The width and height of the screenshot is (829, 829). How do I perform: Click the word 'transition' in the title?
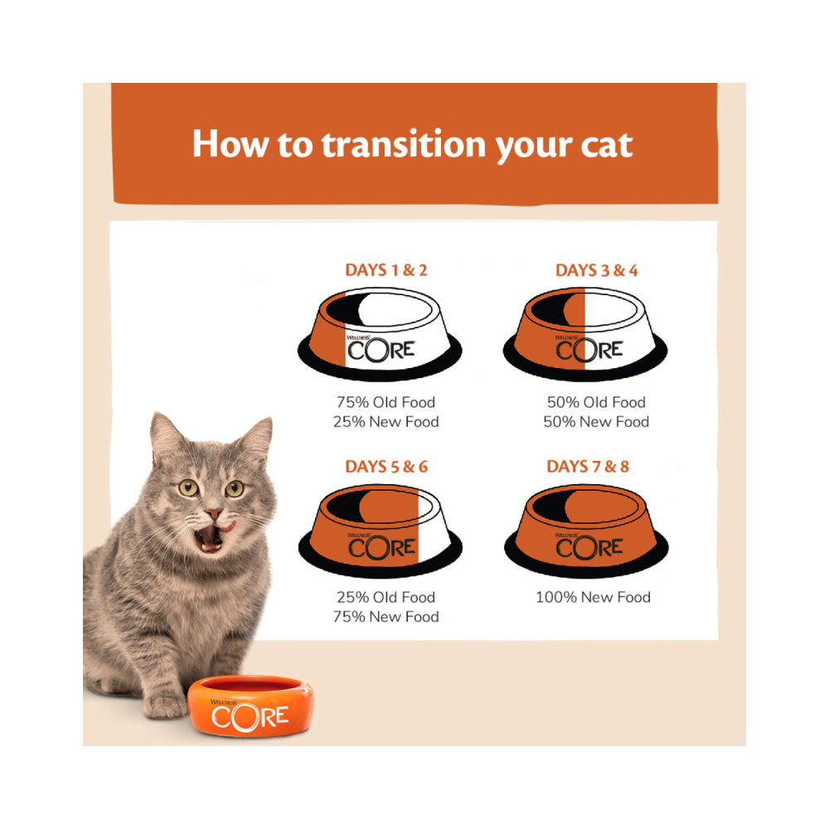[404, 144]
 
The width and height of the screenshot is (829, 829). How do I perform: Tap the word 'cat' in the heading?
[607, 145]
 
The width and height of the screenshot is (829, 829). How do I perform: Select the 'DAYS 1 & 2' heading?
[386, 270]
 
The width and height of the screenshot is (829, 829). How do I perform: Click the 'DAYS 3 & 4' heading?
[596, 270]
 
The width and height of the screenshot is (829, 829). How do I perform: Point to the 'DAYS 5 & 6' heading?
[386, 466]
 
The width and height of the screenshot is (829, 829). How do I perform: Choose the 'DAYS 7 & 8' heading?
[588, 466]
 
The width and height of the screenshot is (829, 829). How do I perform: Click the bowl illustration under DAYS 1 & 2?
[380, 333]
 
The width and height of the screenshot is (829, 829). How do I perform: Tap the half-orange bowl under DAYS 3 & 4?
[584, 333]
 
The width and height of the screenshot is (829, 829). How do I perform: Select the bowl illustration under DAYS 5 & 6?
[381, 531]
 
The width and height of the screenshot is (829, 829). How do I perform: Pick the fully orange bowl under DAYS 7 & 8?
[586, 531]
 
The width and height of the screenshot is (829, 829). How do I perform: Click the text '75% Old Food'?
[385, 402]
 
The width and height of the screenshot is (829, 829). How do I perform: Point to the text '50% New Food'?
[596, 422]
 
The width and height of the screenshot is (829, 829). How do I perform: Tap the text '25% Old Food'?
[385, 598]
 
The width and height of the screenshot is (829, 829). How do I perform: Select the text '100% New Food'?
[593, 598]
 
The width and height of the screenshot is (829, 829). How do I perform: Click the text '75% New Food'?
[385, 617]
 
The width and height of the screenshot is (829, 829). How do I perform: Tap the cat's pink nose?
[214, 513]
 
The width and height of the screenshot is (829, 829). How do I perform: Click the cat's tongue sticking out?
[227, 527]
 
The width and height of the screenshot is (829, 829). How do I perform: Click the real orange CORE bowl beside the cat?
[250, 706]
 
